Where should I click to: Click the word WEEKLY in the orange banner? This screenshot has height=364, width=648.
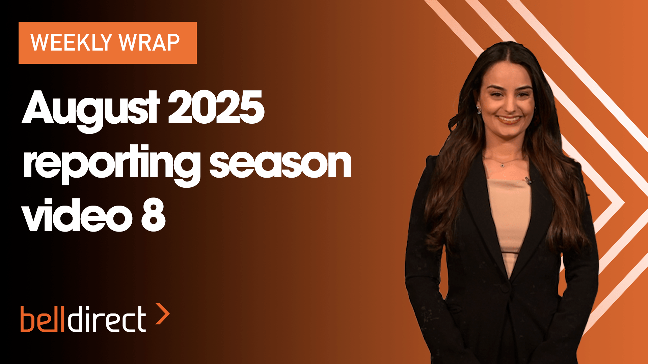[71, 42]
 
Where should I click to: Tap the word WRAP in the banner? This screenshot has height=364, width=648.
[149, 42]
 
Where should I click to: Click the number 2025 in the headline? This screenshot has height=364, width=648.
[216, 107]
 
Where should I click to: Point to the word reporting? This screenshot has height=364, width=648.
[112, 164]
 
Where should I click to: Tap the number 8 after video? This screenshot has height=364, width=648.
[153, 215]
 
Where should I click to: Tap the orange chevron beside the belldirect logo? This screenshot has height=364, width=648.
[162, 314]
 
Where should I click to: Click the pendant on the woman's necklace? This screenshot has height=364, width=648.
[503, 165]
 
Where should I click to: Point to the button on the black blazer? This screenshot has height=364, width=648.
[505, 289]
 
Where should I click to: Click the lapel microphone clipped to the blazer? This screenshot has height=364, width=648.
[528, 180]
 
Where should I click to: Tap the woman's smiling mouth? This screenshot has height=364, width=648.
[509, 119]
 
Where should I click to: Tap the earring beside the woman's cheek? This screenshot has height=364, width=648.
[478, 110]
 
